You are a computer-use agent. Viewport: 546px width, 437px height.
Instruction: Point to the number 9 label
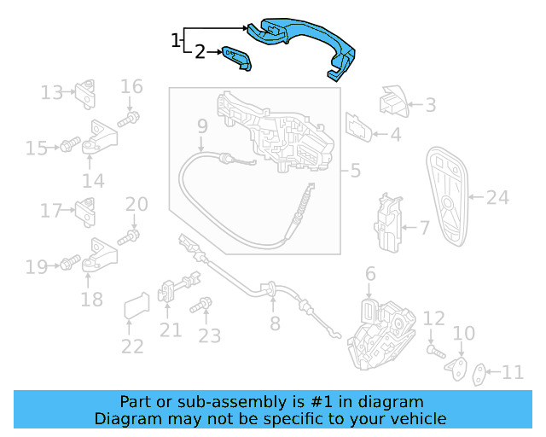tap(202, 127)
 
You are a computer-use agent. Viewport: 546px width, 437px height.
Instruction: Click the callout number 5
tap(355, 171)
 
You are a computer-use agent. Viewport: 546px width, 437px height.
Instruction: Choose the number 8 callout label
tap(275, 323)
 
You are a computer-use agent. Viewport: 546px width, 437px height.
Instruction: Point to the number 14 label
tap(93, 180)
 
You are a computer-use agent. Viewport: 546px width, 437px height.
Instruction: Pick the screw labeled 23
tap(203, 305)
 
